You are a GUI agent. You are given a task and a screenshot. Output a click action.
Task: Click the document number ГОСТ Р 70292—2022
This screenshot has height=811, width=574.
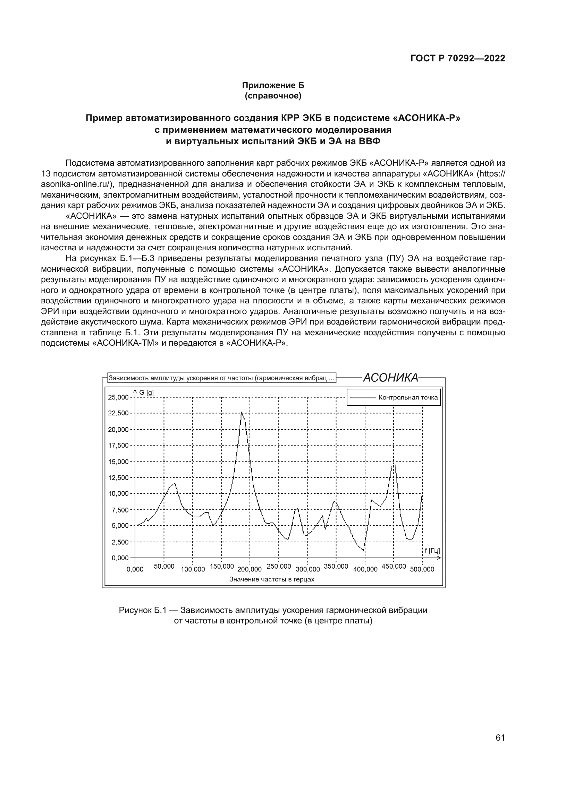(458, 58)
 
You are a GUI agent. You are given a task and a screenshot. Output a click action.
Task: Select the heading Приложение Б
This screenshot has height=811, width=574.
(273, 85)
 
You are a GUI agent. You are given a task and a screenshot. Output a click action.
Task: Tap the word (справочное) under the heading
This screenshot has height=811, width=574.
(273, 96)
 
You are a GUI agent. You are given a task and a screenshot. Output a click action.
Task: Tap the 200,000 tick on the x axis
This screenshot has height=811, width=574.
(250, 569)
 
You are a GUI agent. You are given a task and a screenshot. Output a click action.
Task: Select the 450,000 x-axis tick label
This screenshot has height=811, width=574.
(394, 566)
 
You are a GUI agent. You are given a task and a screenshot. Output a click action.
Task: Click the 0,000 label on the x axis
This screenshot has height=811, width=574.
(135, 569)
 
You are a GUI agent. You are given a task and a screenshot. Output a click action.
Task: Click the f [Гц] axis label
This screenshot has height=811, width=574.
(432, 551)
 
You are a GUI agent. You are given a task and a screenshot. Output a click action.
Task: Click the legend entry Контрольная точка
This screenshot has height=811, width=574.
(408, 397)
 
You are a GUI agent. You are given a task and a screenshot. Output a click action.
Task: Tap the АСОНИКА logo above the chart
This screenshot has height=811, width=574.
(390, 378)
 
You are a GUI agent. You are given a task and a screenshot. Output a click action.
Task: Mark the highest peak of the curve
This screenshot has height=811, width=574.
(242, 413)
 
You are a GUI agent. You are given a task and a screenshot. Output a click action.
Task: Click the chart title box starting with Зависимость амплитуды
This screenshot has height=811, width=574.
(221, 378)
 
